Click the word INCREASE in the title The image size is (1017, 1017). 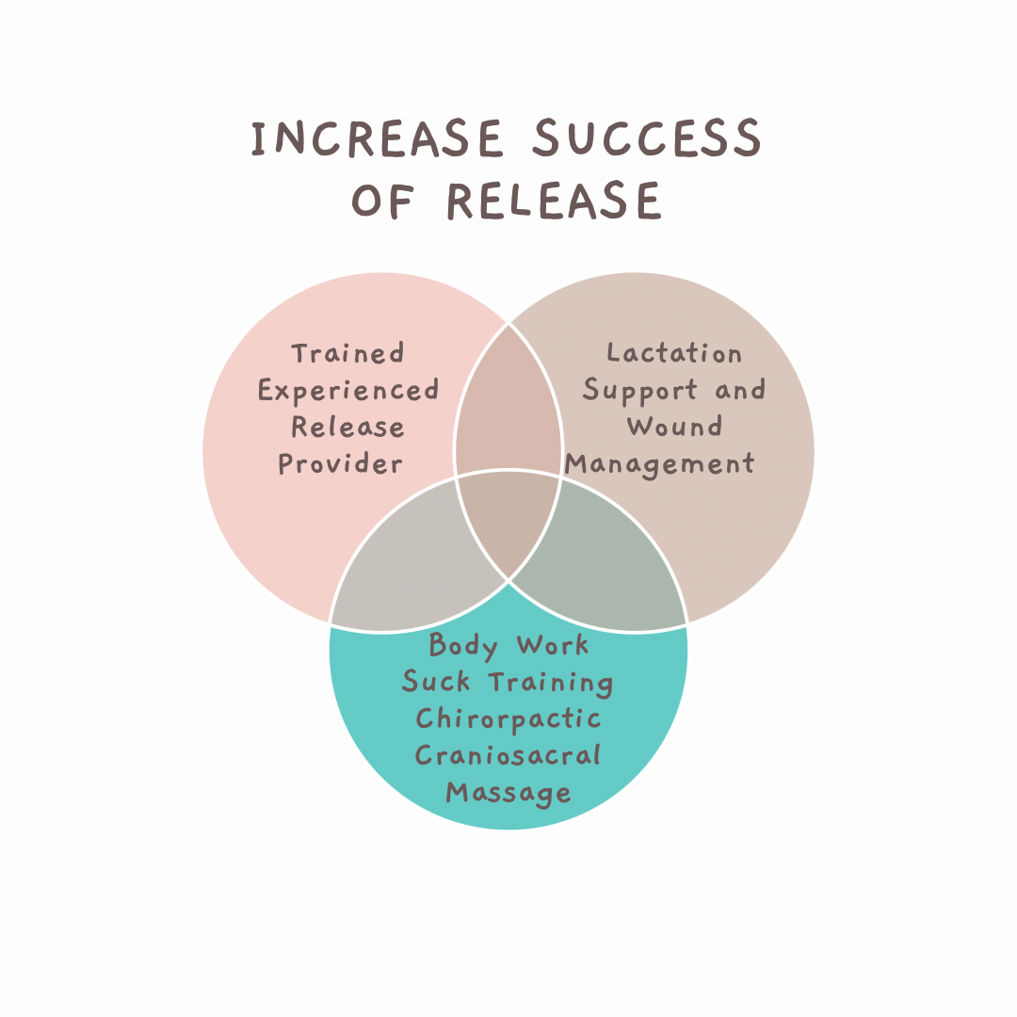(378, 139)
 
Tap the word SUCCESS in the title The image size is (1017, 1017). (647, 139)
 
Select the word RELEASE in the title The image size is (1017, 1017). (553, 201)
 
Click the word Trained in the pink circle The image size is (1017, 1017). (347, 354)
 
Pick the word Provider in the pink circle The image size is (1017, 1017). (341, 464)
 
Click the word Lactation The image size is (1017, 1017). (674, 354)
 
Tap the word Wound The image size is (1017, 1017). (674, 427)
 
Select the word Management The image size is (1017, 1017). (660, 464)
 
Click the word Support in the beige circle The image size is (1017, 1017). (640, 391)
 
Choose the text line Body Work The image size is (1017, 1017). (508, 646)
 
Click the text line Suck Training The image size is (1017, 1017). (508, 682)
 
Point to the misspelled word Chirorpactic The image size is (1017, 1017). (508, 718)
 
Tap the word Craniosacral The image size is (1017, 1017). (508, 755)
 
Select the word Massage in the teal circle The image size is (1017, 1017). (508, 792)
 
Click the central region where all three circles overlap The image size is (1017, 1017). (508, 518)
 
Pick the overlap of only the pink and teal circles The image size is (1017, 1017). (405, 565)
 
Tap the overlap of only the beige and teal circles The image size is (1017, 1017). (612, 565)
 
